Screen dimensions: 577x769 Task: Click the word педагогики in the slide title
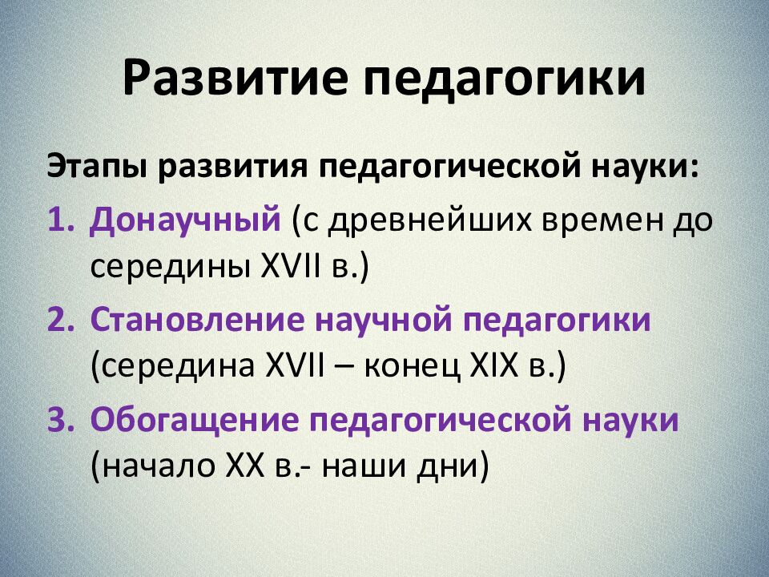501,79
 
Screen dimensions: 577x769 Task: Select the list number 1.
61,220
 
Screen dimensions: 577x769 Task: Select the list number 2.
61,321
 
